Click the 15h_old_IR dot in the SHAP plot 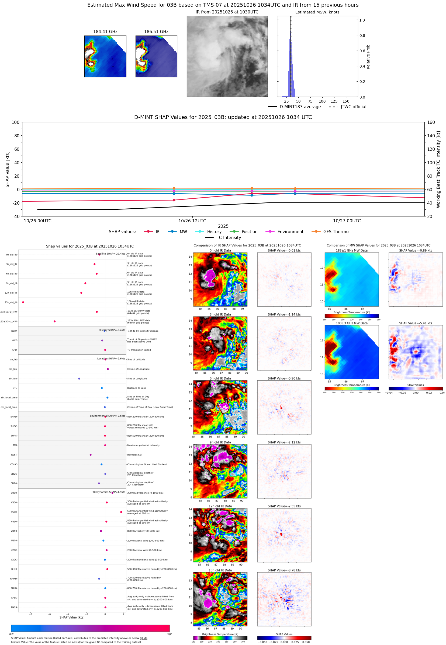tap(23, 302)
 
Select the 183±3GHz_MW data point tap(54, 321)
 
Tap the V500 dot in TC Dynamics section tap(121, 512)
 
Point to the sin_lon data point tap(79, 378)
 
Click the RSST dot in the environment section tap(91, 455)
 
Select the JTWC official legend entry tap(353, 107)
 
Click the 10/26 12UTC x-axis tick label tap(192, 221)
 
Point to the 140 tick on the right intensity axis tap(431, 136)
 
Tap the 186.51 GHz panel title tap(156, 32)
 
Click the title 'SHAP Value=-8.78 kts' tap(284, 570)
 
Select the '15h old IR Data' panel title tap(220, 570)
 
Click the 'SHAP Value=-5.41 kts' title tap(415, 323)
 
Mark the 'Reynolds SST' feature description tap(135, 455)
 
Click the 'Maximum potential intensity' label tap(143, 445)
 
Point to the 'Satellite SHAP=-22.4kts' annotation tap(110, 254)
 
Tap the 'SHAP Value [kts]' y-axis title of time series tap(8, 169)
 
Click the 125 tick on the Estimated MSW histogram tap(334, 101)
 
